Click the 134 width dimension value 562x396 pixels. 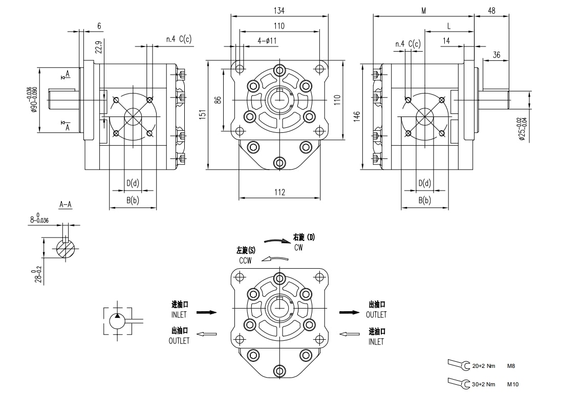[x=279, y=11]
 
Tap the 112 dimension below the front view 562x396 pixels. [x=279, y=192]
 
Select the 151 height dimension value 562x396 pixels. [x=202, y=115]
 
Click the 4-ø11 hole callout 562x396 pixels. [x=267, y=40]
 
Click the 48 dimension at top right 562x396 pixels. [x=491, y=11]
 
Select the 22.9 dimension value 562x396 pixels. [x=99, y=47]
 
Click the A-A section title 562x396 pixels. [x=66, y=205]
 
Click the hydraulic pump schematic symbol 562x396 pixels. [x=117, y=321]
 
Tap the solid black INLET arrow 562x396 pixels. [x=206, y=312]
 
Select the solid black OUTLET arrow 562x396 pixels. [x=349, y=312]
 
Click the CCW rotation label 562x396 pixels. [x=245, y=261]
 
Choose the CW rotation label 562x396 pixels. [x=299, y=247]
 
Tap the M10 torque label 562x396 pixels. [x=512, y=384]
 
